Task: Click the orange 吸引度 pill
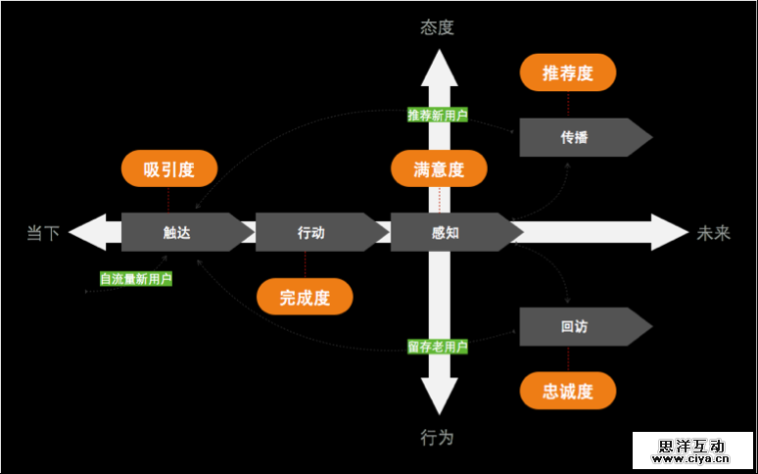tap(168, 169)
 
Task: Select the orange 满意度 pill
tap(438, 169)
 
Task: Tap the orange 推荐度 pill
tap(568, 73)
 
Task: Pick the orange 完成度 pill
tap(304, 298)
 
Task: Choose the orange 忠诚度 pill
tap(568, 392)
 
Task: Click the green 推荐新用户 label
tap(438, 115)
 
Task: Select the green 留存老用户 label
tap(438, 347)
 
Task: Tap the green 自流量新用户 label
tap(136, 279)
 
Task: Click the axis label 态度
tap(438, 27)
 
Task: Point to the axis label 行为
tap(438, 437)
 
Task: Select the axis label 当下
tap(43, 233)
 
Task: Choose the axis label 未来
tap(714, 233)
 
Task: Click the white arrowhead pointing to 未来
tap(671, 232)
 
